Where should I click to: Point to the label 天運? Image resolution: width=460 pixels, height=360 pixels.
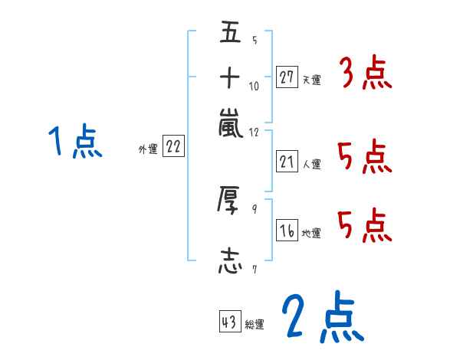tap(312, 80)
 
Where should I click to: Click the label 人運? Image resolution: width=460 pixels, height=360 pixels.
tap(312, 164)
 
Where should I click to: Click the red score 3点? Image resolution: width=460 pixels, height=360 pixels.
tap(365, 75)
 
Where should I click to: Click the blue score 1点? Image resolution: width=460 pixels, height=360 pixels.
tap(74, 142)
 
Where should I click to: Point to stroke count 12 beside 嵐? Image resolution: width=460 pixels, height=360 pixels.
tap(255, 131)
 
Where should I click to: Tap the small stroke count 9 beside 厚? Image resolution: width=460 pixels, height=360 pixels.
tap(254, 208)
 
